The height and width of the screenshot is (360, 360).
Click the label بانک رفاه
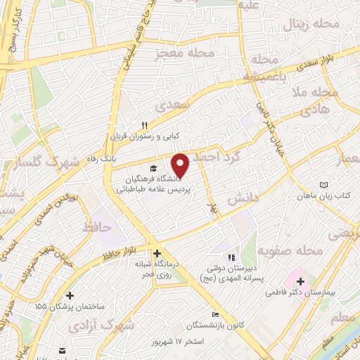(101, 160)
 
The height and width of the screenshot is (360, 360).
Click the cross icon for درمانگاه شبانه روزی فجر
(156, 254)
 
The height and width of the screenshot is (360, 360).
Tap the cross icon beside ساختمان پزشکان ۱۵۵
(69, 296)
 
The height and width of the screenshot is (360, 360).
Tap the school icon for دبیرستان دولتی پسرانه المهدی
(230, 257)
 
